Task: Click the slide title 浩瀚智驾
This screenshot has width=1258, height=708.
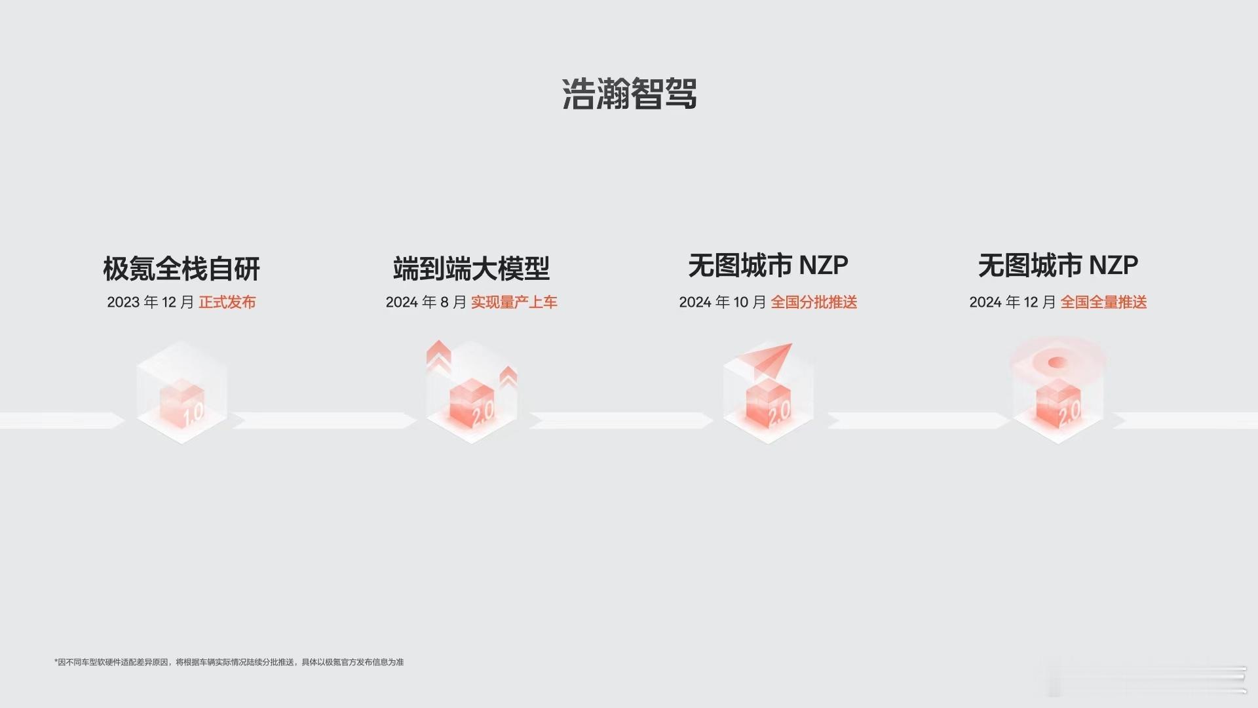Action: [629, 94]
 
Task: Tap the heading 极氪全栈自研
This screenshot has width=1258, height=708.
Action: [181, 268]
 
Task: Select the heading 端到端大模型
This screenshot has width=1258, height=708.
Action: [471, 268]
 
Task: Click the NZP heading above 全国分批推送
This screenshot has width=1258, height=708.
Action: [768, 265]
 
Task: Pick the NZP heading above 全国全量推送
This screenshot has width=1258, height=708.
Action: [1058, 265]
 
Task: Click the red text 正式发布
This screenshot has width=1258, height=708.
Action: [227, 302]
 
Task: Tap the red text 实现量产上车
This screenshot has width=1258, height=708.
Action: [514, 302]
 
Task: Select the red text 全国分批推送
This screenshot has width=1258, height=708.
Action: [814, 302]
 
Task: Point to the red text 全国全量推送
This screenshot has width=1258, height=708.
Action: [1104, 302]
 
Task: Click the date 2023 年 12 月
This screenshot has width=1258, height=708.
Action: [151, 302]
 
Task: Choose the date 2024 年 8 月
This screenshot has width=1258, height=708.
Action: [426, 302]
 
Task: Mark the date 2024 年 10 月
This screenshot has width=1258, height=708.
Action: [723, 302]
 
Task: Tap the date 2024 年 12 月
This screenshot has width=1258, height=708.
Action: [1013, 302]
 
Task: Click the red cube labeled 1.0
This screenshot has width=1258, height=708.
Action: [182, 404]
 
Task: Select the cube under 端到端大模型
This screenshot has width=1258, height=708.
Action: [472, 404]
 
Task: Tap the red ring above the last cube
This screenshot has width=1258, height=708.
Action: [1058, 363]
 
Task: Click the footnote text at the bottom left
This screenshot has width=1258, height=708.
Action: [229, 662]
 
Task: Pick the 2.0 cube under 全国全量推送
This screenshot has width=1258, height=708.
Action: [1058, 404]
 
